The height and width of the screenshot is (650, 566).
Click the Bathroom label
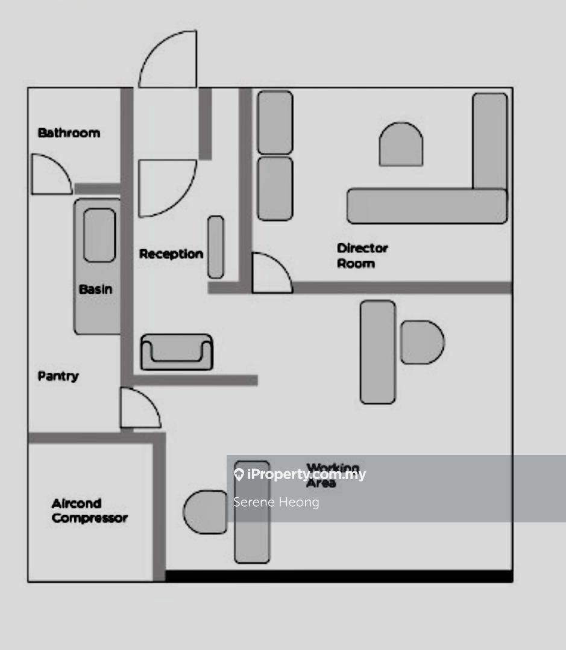69,132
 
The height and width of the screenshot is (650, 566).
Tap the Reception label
171,254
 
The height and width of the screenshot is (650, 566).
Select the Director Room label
362,255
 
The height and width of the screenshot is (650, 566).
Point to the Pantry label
58,376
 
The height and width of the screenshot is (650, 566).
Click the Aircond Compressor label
89,511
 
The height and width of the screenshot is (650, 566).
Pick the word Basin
95,289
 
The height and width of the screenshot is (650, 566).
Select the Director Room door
269,274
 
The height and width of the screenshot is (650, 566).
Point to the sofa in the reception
177,351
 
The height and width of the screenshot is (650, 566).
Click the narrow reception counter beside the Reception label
216,247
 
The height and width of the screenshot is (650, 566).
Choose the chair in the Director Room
401,144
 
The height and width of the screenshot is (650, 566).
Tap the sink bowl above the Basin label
99,235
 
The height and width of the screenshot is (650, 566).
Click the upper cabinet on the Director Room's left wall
275,122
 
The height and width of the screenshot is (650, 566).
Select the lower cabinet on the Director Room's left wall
275,188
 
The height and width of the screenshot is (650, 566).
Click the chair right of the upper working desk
421,342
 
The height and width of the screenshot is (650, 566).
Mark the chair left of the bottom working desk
206,512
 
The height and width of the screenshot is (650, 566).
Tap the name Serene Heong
276,502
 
